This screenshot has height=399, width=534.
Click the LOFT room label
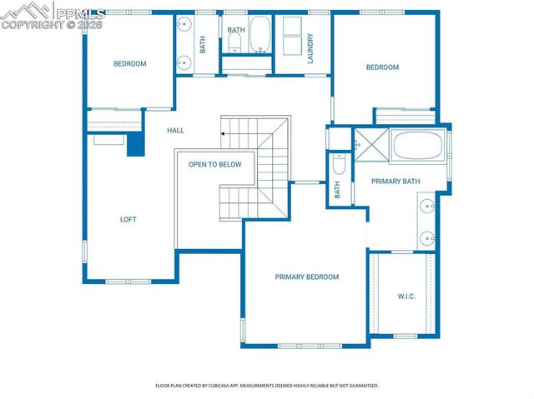(128, 220)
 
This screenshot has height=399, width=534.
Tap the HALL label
(175, 131)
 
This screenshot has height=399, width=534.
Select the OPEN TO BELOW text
(214, 165)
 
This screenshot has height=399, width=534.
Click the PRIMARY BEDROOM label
(307, 277)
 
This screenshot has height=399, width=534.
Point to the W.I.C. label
(406, 296)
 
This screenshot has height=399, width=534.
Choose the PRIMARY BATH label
(395, 182)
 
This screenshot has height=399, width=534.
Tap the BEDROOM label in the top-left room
(129, 64)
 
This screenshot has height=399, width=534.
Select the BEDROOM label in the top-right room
(382, 67)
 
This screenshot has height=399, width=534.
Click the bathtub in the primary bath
(420, 147)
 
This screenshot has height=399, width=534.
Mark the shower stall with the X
(368, 144)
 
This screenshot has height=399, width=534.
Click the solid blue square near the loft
(135, 145)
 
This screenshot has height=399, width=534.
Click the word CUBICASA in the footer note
(232, 386)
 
